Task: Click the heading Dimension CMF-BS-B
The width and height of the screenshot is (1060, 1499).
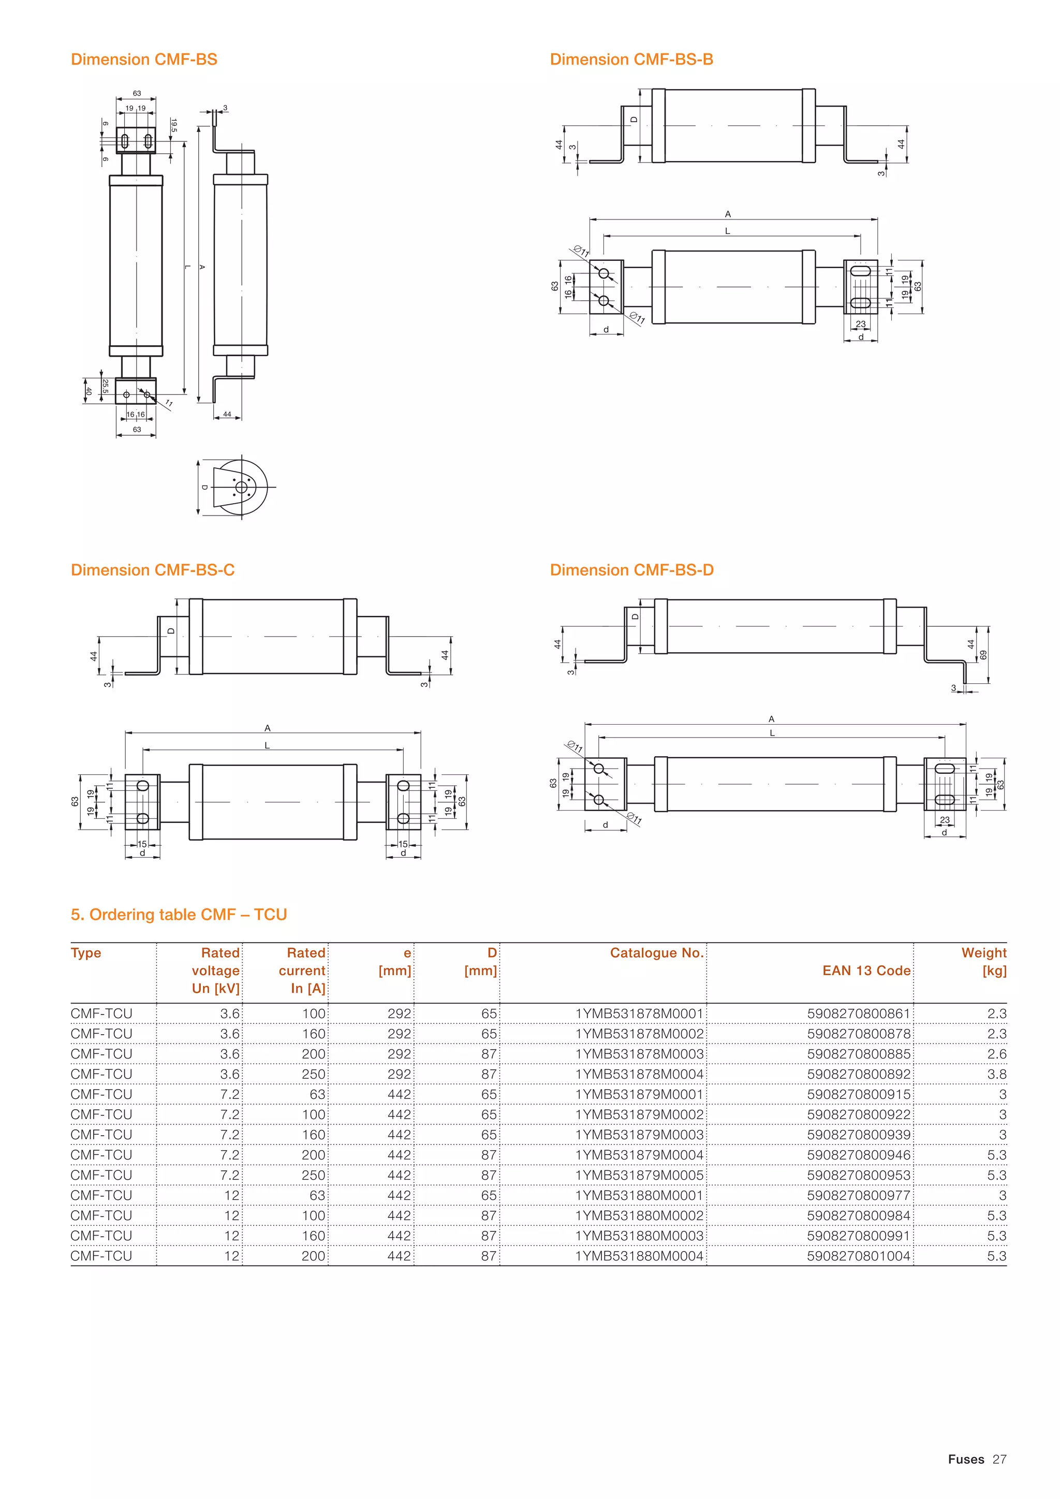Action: (631, 60)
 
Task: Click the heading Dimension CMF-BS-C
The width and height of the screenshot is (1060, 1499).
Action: (152, 570)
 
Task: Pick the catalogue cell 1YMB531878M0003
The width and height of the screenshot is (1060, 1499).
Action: (639, 1054)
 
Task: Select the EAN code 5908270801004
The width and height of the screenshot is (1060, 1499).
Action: (858, 1256)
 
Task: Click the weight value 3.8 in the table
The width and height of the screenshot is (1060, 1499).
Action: (997, 1074)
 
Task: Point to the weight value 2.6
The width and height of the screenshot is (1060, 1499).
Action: (997, 1054)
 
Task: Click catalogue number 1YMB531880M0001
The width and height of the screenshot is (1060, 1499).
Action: (639, 1195)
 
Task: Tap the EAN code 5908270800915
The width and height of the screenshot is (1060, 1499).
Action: (858, 1094)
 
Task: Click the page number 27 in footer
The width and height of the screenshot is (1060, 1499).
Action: (999, 1459)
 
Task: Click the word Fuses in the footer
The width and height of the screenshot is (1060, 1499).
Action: (966, 1459)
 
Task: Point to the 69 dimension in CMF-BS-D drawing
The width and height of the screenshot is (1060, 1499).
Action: (983, 655)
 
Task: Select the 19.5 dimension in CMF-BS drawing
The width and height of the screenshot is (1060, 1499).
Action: (173, 125)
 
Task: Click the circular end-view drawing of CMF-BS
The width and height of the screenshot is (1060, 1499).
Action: (240, 487)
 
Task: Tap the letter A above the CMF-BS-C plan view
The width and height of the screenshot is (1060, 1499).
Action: (268, 728)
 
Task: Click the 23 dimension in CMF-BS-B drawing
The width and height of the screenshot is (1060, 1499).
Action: (860, 324)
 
